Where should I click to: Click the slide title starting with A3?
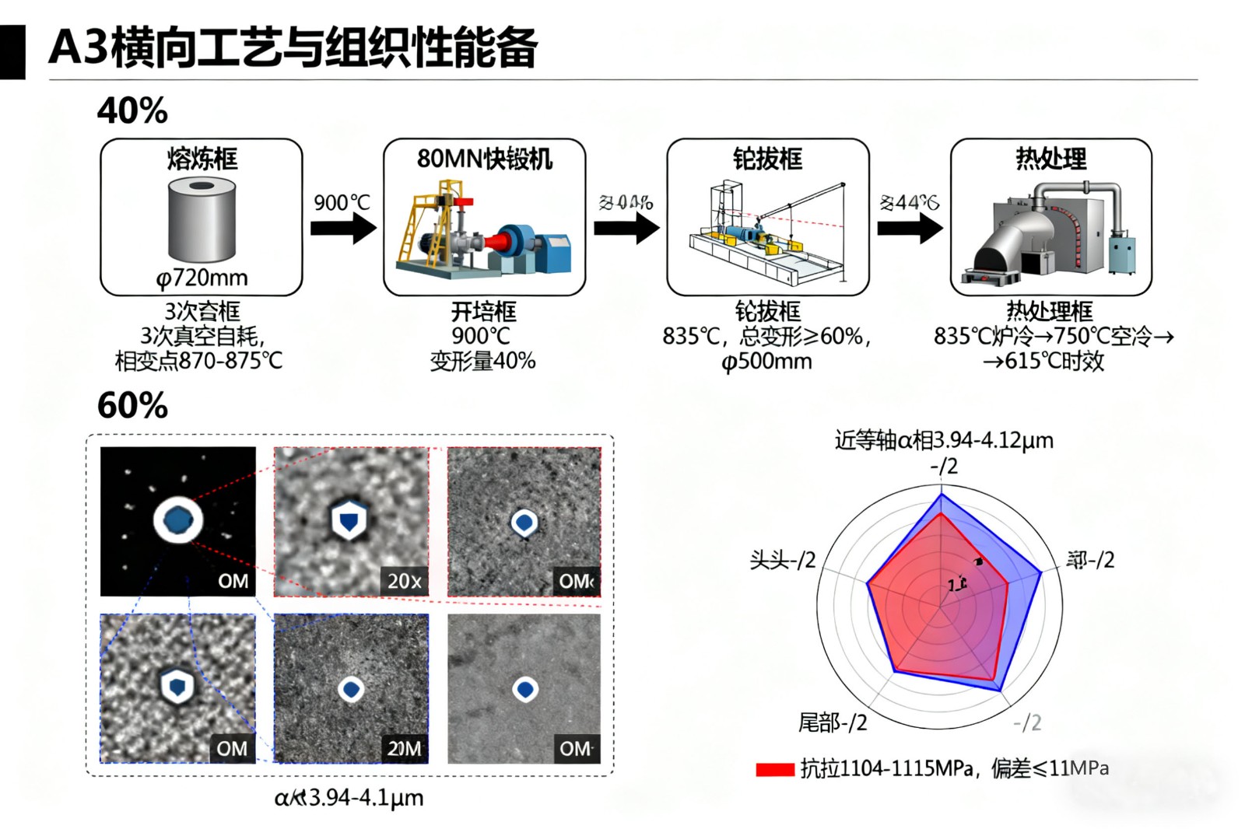[x=293, y=47]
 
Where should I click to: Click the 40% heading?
[x=132, y=110]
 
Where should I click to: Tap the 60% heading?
[x=132, y=405]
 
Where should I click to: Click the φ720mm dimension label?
[x=202, y=278]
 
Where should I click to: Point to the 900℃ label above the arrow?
[x=342, y=203]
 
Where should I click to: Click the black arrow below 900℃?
[x=342, y=228]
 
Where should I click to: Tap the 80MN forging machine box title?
[x=484, y=159]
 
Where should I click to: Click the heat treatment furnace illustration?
[x=1050, y=232]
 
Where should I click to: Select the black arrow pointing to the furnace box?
[x=909, y=228]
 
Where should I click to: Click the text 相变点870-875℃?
[x=199, y=361]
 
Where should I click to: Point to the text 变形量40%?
[x=482, y=361]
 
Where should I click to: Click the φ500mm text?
[x=766, y=362]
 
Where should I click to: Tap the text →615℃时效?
[x=1043, y=361]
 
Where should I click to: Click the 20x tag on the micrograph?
[x=404, y=581]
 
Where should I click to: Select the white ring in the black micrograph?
[x=178, y=520]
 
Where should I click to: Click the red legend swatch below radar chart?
[x=774, y=769]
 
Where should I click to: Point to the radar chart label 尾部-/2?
[x=832, y=722]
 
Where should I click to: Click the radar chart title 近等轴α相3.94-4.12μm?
[x=943, y=440]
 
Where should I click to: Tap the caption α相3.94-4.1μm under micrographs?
[x=349, y=797]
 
